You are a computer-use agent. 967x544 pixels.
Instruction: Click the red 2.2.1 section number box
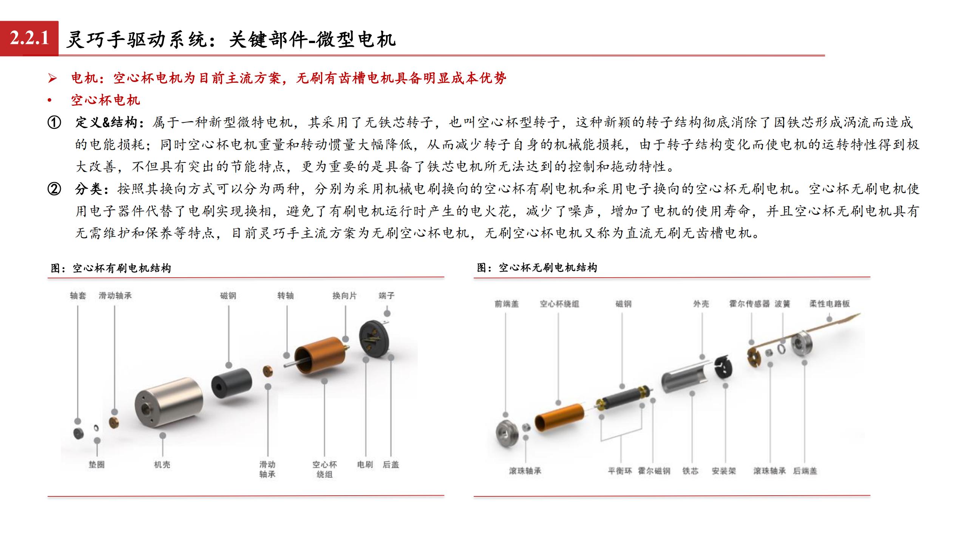pyautogui.click(x=29, y=38)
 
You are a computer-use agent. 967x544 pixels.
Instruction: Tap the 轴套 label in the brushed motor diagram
pyautogui.click(x=78, y=296)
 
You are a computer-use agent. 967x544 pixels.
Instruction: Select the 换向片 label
pyautogui.click(x=344, y=296)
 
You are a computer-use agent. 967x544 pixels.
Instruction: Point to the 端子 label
pyautogui.click(x=386, y=296)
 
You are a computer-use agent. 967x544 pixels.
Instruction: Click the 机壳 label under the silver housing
pyautogui.click(x=162, y=465)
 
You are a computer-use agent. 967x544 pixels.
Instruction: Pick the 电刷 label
pyautogui.click(x=365, y=465)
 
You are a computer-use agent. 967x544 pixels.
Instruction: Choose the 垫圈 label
pyautogui.click(x=96, y=465)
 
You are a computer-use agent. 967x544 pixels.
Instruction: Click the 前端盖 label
pyautogui.click(x=507, y=304)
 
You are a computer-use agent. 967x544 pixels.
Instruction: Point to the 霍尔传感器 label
pyautogui.click(x=749, y=304)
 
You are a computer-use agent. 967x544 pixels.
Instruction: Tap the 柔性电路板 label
pyautogui.click(x=830, y=304)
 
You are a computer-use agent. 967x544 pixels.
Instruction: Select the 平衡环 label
pyautogui.click(x=620, y=471)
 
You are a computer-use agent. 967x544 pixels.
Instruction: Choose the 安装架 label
pyautogui.click(x=724, y=471)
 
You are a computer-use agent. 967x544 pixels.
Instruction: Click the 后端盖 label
pyautogui.click(x=805, y=471)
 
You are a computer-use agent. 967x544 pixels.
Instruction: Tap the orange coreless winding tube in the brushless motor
pyautogui.click(x=559, y=417)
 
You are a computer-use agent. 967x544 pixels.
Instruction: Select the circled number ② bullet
pyautogui.click(x=54, y=189)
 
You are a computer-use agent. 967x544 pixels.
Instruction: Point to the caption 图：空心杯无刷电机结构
pyautogui.click(x=537, y=268)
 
